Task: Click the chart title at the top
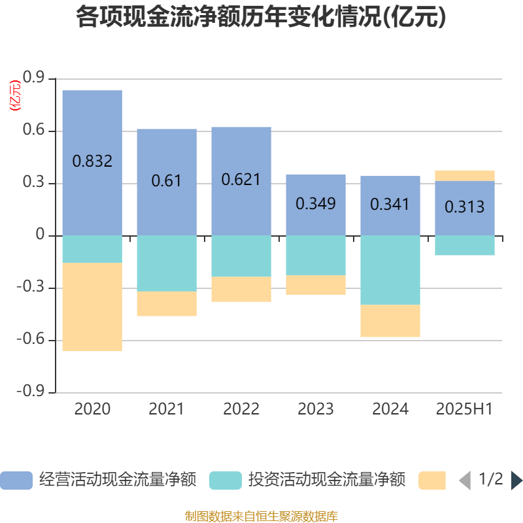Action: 261,18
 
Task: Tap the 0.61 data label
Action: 166,180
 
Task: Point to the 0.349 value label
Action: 316,203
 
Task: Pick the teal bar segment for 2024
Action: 390,270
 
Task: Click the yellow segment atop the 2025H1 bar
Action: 465,175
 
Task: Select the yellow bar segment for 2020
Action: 92,307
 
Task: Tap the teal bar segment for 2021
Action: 167,263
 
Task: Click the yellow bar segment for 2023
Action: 316,285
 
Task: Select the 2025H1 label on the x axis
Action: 464,409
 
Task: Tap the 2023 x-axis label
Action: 316,409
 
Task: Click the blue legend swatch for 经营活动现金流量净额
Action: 16,481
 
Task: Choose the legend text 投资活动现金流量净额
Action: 327,481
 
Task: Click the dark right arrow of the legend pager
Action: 516,481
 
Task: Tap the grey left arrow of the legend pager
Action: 465,481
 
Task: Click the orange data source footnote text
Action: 261,516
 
